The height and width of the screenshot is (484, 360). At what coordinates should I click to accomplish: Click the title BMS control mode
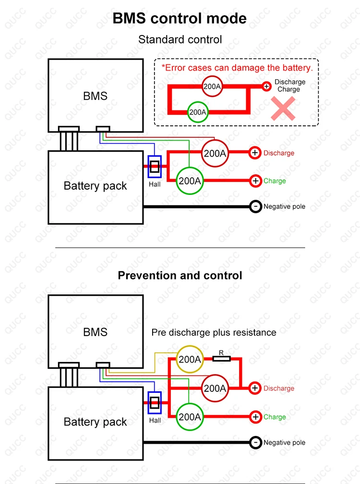[x=180, y=18]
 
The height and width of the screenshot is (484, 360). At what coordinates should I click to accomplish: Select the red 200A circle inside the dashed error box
[x=211, y=86]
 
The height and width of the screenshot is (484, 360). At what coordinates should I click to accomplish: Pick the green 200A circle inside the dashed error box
[x=197, y=112]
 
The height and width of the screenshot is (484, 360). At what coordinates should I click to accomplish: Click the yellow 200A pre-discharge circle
[x=190, y=358]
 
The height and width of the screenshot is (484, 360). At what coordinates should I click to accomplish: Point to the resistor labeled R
[x=221, y=358]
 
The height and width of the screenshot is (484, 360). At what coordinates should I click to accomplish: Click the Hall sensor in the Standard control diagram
[x=155, y=167]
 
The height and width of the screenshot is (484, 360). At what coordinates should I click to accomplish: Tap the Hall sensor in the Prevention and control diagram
[x=155, y=402]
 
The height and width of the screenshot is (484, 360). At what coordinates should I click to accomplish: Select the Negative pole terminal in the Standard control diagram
[x=256, y=206]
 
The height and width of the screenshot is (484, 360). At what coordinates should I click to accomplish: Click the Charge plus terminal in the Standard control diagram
[x=256, y=181]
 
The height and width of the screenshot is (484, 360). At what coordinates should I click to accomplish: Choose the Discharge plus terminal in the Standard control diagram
[x=255, y=153]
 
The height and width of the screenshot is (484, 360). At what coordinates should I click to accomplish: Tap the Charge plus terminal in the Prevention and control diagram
[x=256, y=417]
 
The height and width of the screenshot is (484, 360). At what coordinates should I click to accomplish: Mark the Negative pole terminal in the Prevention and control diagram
[x=256, y=442]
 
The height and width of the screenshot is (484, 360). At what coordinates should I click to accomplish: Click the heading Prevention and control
[x=180, y=276]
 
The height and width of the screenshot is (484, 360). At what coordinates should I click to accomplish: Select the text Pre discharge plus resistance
[x=214, y=332]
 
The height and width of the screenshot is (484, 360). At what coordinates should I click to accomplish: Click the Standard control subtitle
[x=180, y=39]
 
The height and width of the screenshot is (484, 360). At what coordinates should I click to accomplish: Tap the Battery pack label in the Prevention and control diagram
[x=95, y=422]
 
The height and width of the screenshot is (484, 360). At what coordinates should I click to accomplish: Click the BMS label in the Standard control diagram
[x=95, y=96]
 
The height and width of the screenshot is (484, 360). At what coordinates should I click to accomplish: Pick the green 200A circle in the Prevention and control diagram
[x=190, y=417]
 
